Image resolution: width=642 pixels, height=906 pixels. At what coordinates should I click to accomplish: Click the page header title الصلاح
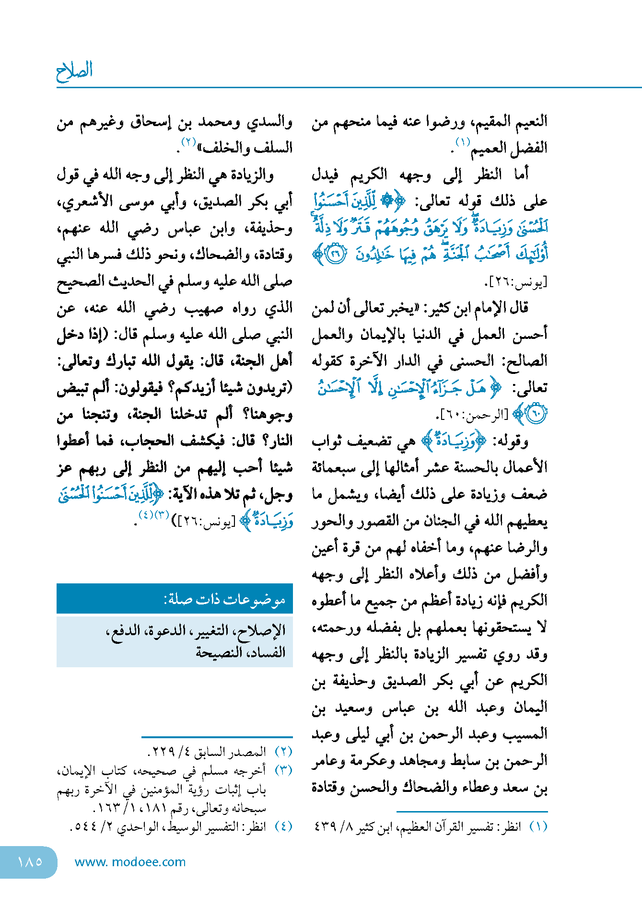(74, 71)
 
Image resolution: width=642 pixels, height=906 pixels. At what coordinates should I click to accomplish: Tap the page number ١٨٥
(30, 862)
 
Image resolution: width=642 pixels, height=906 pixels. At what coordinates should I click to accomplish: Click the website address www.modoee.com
(130, 862)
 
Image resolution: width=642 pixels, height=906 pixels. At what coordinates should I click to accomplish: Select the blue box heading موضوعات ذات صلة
(225, 599)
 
